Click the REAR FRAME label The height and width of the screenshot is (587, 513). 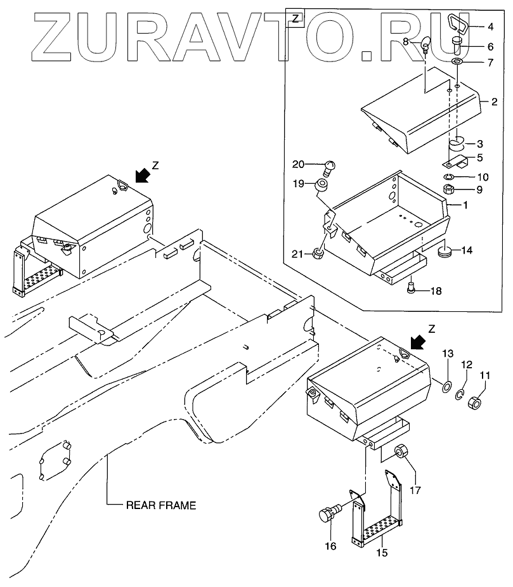tap(161, 505)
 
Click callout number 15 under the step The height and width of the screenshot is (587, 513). tap(382, 552)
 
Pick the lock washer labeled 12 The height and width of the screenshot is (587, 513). tap(462, 396)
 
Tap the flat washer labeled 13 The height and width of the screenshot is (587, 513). tap(446, 386)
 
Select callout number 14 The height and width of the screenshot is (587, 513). tap(466, 250)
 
